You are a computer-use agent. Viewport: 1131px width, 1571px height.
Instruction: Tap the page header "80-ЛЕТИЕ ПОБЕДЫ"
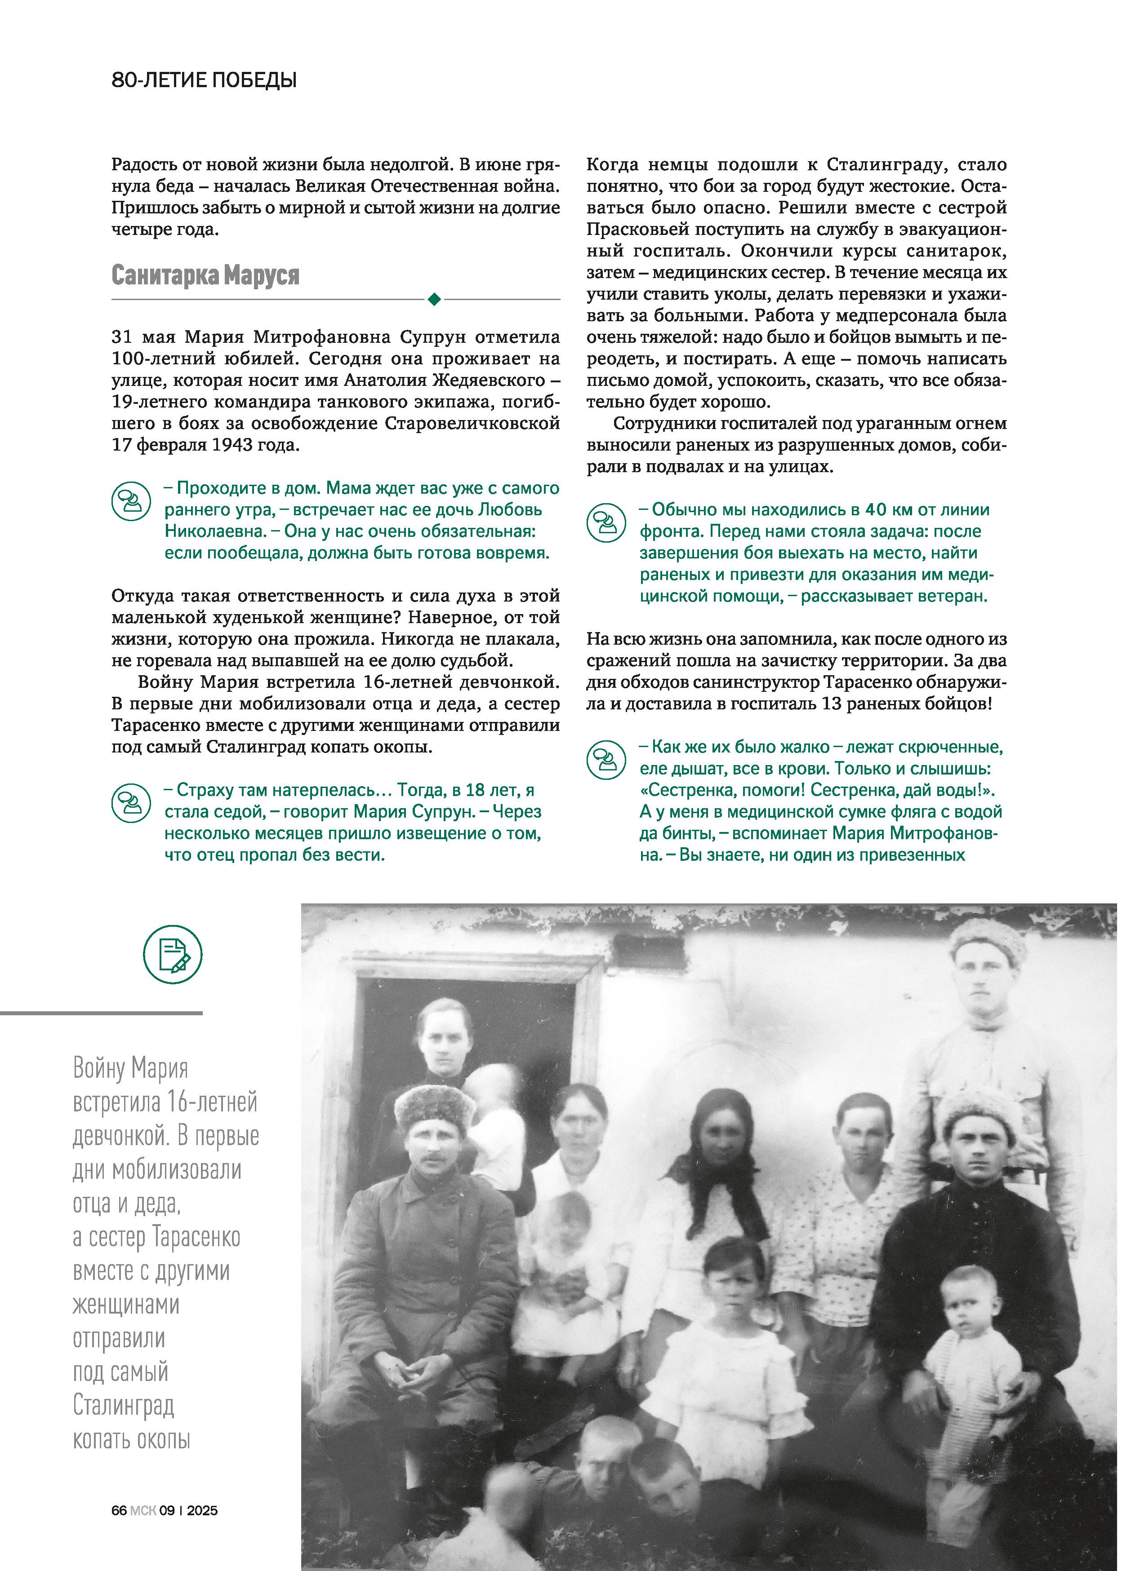204,81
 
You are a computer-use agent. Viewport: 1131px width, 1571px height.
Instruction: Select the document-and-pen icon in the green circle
173,955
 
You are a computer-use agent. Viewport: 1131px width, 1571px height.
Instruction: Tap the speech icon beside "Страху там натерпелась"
131,803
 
